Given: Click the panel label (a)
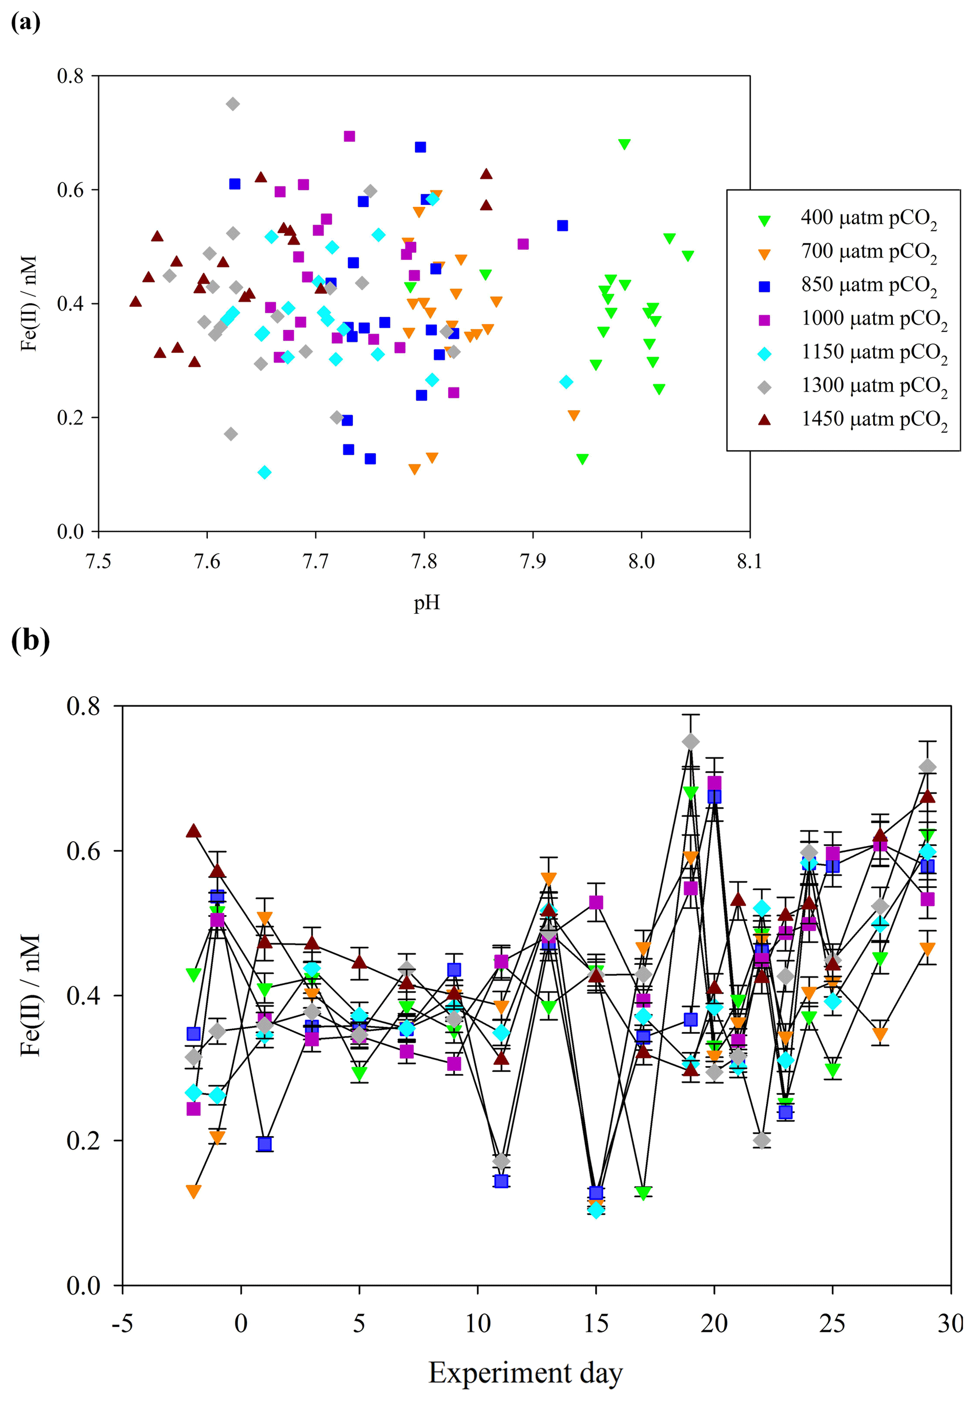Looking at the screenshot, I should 25,23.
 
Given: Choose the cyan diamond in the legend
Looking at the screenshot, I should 764,353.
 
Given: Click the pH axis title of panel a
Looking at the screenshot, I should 426,604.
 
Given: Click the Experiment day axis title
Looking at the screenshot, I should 525,1373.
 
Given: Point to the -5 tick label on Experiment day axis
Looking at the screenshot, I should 123,1323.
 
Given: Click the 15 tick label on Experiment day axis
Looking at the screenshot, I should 596,1323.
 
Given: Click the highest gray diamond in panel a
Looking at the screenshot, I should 232,104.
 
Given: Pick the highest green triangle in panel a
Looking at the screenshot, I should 624,144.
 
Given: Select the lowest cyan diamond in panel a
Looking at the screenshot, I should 264,472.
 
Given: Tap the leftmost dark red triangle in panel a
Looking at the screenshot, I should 136,302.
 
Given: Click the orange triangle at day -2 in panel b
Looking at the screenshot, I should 194,1191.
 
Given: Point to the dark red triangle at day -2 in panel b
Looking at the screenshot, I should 194,831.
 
